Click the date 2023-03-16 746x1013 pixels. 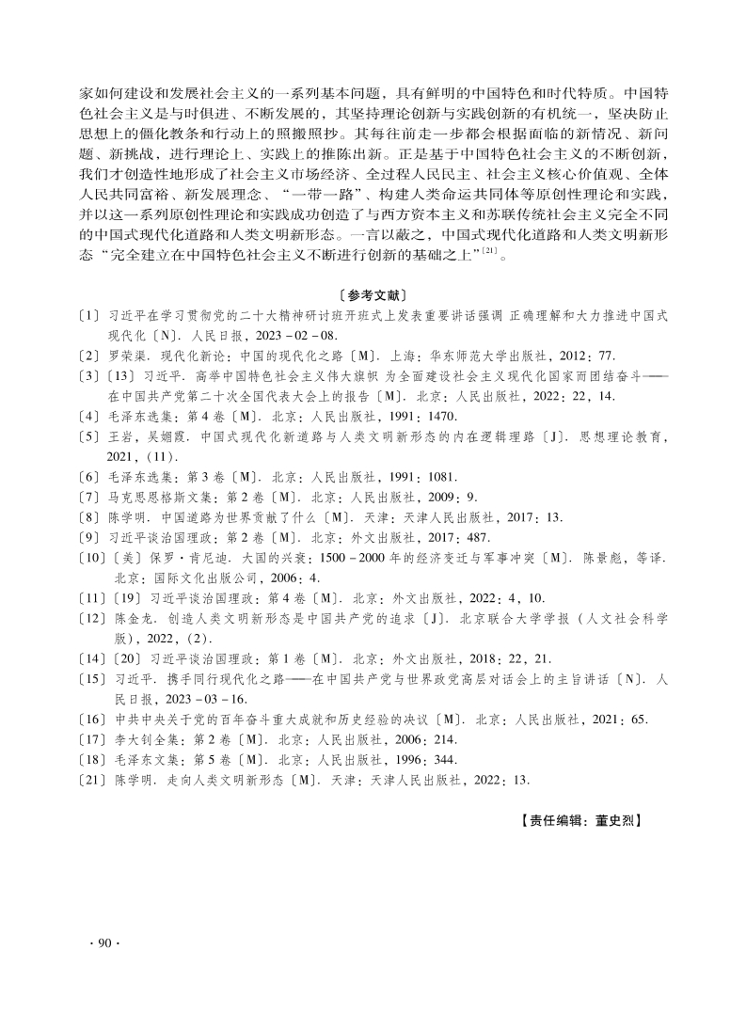(x=209, y=699)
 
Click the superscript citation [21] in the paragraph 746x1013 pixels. (x=489, y=251)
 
